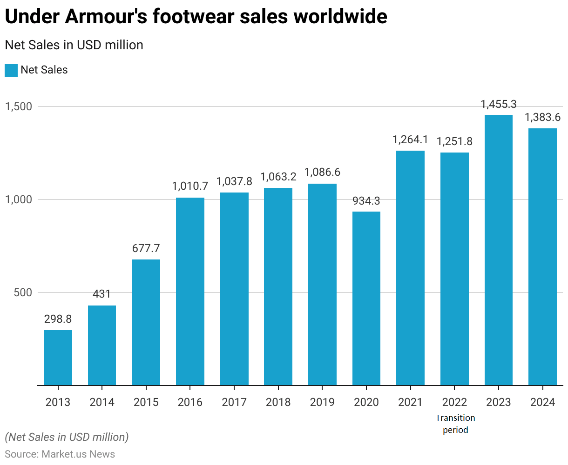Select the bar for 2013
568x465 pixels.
click(58, 358)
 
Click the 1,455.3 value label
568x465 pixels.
click(499, 104)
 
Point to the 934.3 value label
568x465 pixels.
click(366, 201)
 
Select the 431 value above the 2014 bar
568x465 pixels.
click(102, 294)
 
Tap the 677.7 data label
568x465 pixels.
click(146, 248)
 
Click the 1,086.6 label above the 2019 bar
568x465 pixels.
click(322, 173)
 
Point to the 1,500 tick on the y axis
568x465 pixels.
click(18, 106)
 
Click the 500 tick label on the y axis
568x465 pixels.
click(23, 292)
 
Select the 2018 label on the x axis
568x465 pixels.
click(278, 402)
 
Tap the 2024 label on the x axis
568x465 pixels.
click(543, 402)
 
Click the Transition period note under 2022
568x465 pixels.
click(455, 424)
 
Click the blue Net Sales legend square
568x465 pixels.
click(11, 71)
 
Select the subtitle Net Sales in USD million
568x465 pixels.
click(74, 45)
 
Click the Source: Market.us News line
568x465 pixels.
click(60, 454)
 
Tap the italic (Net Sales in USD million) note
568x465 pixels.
click(67, 437)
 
